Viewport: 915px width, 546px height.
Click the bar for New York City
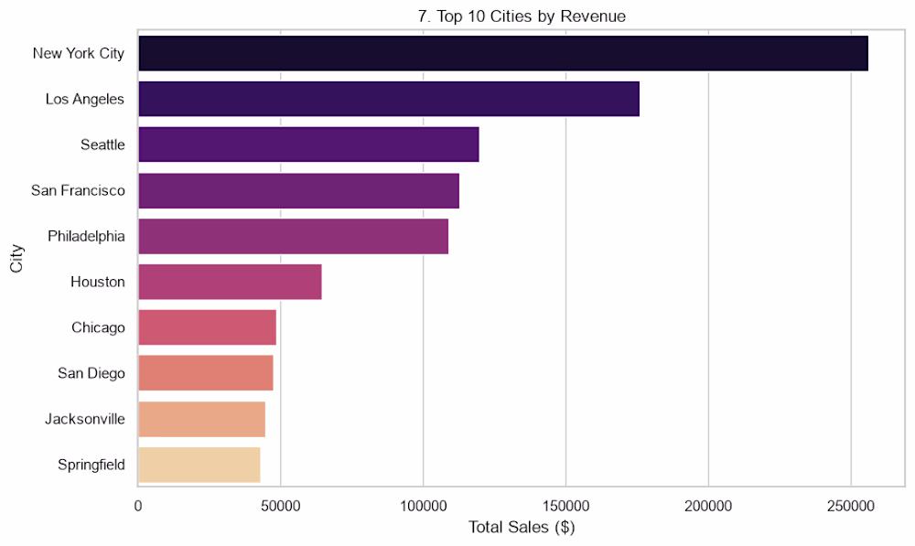[x=503, y=53]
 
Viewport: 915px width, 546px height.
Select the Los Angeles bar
[x=389, y=99]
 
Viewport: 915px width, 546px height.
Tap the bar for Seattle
[x=308, y=145]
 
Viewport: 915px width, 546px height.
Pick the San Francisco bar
[x=299, y=190]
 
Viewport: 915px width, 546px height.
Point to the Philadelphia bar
[x=294, y=236]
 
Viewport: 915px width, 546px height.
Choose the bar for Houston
[x=230, y=282]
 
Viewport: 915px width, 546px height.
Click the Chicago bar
[x=207, y=327]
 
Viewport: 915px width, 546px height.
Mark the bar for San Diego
[x=206, y=373]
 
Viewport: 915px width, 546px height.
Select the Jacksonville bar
[x=202, y=419]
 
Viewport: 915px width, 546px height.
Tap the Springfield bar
[x=199, y=465]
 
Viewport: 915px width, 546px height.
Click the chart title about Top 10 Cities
[x=522, y=16]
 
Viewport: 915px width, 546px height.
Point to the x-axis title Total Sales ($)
[x=522, y=528]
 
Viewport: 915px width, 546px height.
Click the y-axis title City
[x=16, y=259]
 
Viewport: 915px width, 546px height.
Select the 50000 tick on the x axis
[x=281, y=506]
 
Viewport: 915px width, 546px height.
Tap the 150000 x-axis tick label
[x=566, y=506]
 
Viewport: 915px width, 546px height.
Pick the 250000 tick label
[x=851, y=506]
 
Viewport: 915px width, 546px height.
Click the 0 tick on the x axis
[x=138, y=506]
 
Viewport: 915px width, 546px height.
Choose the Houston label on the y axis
[x=98, y=282]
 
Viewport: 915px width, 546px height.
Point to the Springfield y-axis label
[x=91, y=465]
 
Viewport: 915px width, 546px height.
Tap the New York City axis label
[x=79, y=53]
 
